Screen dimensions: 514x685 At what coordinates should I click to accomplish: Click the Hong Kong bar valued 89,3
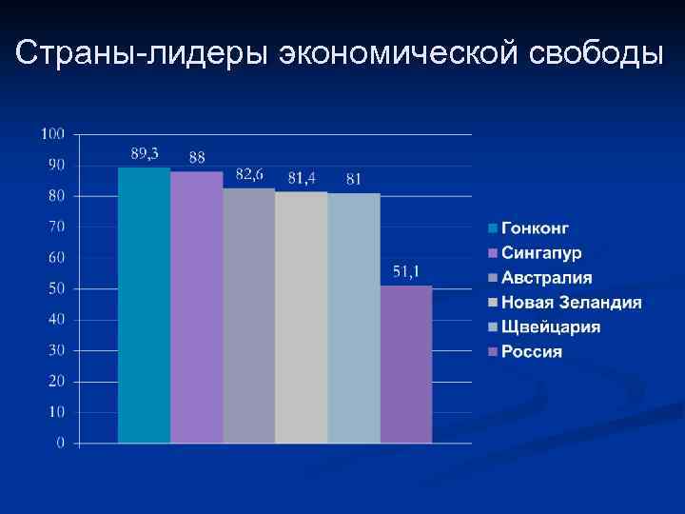(x=144, y=305)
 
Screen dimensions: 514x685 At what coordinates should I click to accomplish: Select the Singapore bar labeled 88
(x=196, y=306)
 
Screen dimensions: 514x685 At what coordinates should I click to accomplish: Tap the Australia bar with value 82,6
(x=248, y=315)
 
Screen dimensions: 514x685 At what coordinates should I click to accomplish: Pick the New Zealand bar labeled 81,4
(x=301, y=317)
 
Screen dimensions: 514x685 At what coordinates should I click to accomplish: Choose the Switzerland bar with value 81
(x=353, y=318)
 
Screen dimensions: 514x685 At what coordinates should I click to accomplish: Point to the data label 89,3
(x=145, y=152)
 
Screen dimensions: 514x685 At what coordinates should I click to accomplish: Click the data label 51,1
(x=406, y=271)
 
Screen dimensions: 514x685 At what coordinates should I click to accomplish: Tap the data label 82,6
(x=249, y=173)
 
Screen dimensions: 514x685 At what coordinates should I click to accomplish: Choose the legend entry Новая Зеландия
(x=571, y=303)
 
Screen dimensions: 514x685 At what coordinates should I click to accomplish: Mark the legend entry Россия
(x=531, y=352)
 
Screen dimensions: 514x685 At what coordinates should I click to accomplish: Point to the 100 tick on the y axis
(x=52, y=133)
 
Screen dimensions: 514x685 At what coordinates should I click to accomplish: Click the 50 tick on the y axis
(x=56, y=288)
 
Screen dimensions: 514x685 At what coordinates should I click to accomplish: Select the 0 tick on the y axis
(x=60, y=444)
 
